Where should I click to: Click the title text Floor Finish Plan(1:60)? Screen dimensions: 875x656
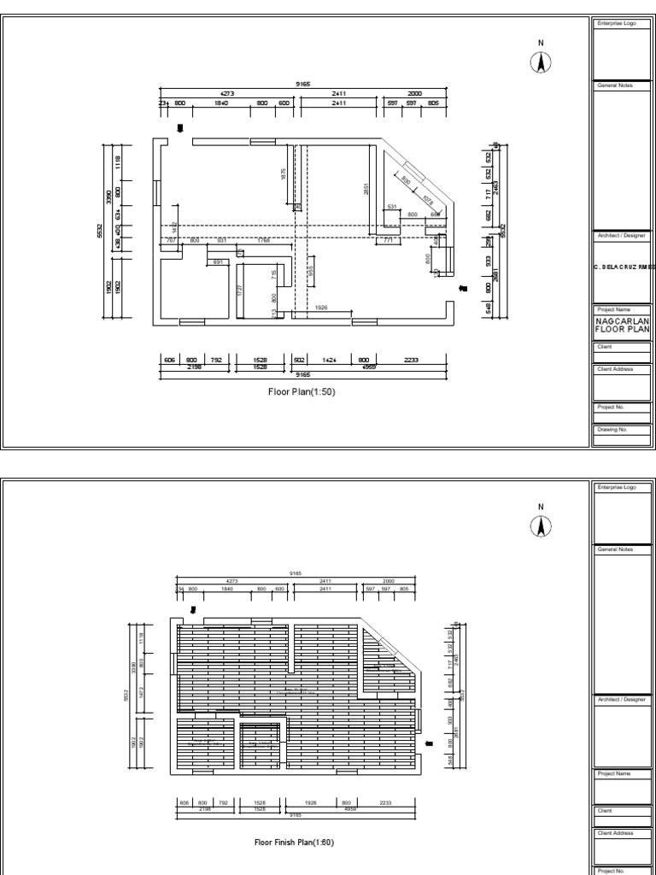click(x=294, y=842)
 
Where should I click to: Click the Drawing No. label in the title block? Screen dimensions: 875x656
click(x=611, y=430)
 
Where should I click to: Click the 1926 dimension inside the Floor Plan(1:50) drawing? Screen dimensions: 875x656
click(x=321, y=307)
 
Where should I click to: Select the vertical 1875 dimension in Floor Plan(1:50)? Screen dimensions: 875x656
click(x=284, y=173)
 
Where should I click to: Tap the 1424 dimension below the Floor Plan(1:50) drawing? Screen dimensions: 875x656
click(x=328, y=360)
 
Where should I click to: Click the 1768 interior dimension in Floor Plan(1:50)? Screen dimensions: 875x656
click(x=263, y=241)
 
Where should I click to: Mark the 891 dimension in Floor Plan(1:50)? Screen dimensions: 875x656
click(x=218, y=261)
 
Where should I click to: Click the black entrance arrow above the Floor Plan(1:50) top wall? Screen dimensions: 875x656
click(x=180, y=128)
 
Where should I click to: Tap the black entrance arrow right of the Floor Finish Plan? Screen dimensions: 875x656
click(x=429, y=743)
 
